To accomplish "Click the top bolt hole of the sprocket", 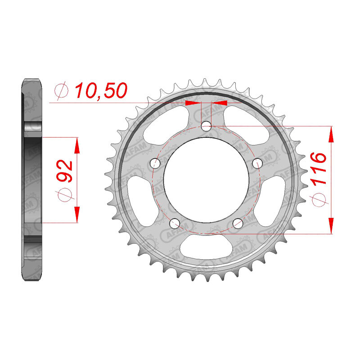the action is click(207, 126).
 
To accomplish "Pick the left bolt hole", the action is click(155, 163).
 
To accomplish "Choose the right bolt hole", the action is click(257, 163).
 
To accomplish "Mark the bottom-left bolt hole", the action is click(175, 223).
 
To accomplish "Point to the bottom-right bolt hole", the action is click(238, 223).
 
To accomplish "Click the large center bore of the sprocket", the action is click(206, 180).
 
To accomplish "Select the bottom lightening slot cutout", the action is click(206, 247).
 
